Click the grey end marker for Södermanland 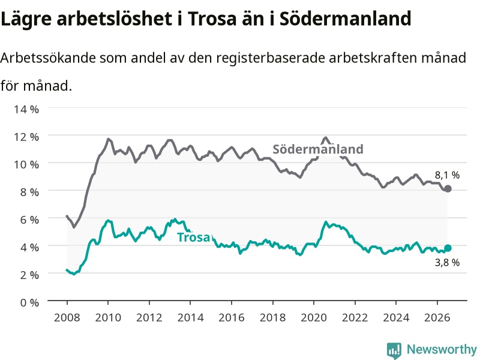(448, 188)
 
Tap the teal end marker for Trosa (448, 248)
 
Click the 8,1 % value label (447, 175)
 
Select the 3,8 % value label (447, 262)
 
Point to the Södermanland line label (318, 149)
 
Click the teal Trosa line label (194, 237)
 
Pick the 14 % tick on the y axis (26, 109)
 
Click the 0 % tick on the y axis (29, 302)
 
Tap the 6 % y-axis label (29, 220)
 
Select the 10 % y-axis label (26, 164)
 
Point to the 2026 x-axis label (437, 317)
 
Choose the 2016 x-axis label (232, 317)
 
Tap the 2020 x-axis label (314, 317)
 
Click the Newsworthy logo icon (394, 350)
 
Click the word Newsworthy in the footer (442, 349)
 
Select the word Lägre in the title (26, 19)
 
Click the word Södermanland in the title (346, 19)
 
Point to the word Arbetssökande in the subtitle (48, 58)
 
